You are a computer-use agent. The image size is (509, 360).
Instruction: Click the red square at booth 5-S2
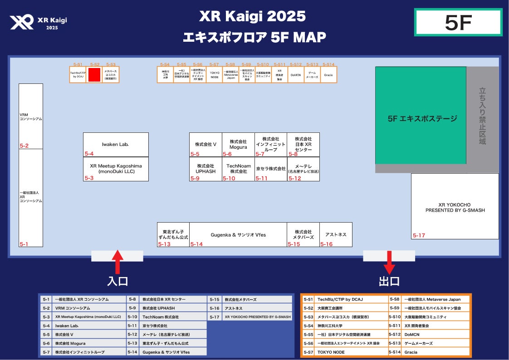(94, 75)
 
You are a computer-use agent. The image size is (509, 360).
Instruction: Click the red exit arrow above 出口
(389, 262)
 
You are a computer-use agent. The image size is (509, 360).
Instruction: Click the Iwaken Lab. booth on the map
(116, 145)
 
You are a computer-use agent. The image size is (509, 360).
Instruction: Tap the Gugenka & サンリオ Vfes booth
(238, 235)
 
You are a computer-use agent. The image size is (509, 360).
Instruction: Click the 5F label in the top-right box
(458, 22)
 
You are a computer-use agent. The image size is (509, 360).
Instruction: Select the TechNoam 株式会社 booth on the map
(238, 169)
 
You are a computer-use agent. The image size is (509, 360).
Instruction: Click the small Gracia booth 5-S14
(329, 75)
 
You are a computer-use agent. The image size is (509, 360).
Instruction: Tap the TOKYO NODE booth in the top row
(214, 75)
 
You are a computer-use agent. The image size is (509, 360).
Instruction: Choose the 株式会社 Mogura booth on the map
(238, 145)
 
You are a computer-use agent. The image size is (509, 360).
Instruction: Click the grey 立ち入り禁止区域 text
(482, 116)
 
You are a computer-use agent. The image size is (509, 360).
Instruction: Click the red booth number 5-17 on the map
(419, 235)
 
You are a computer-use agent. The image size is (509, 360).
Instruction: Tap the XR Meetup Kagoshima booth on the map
(116, 169)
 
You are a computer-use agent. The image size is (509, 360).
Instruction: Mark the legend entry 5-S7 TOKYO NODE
(344, 352)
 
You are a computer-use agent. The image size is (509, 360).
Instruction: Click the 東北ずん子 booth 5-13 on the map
(173, 235)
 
